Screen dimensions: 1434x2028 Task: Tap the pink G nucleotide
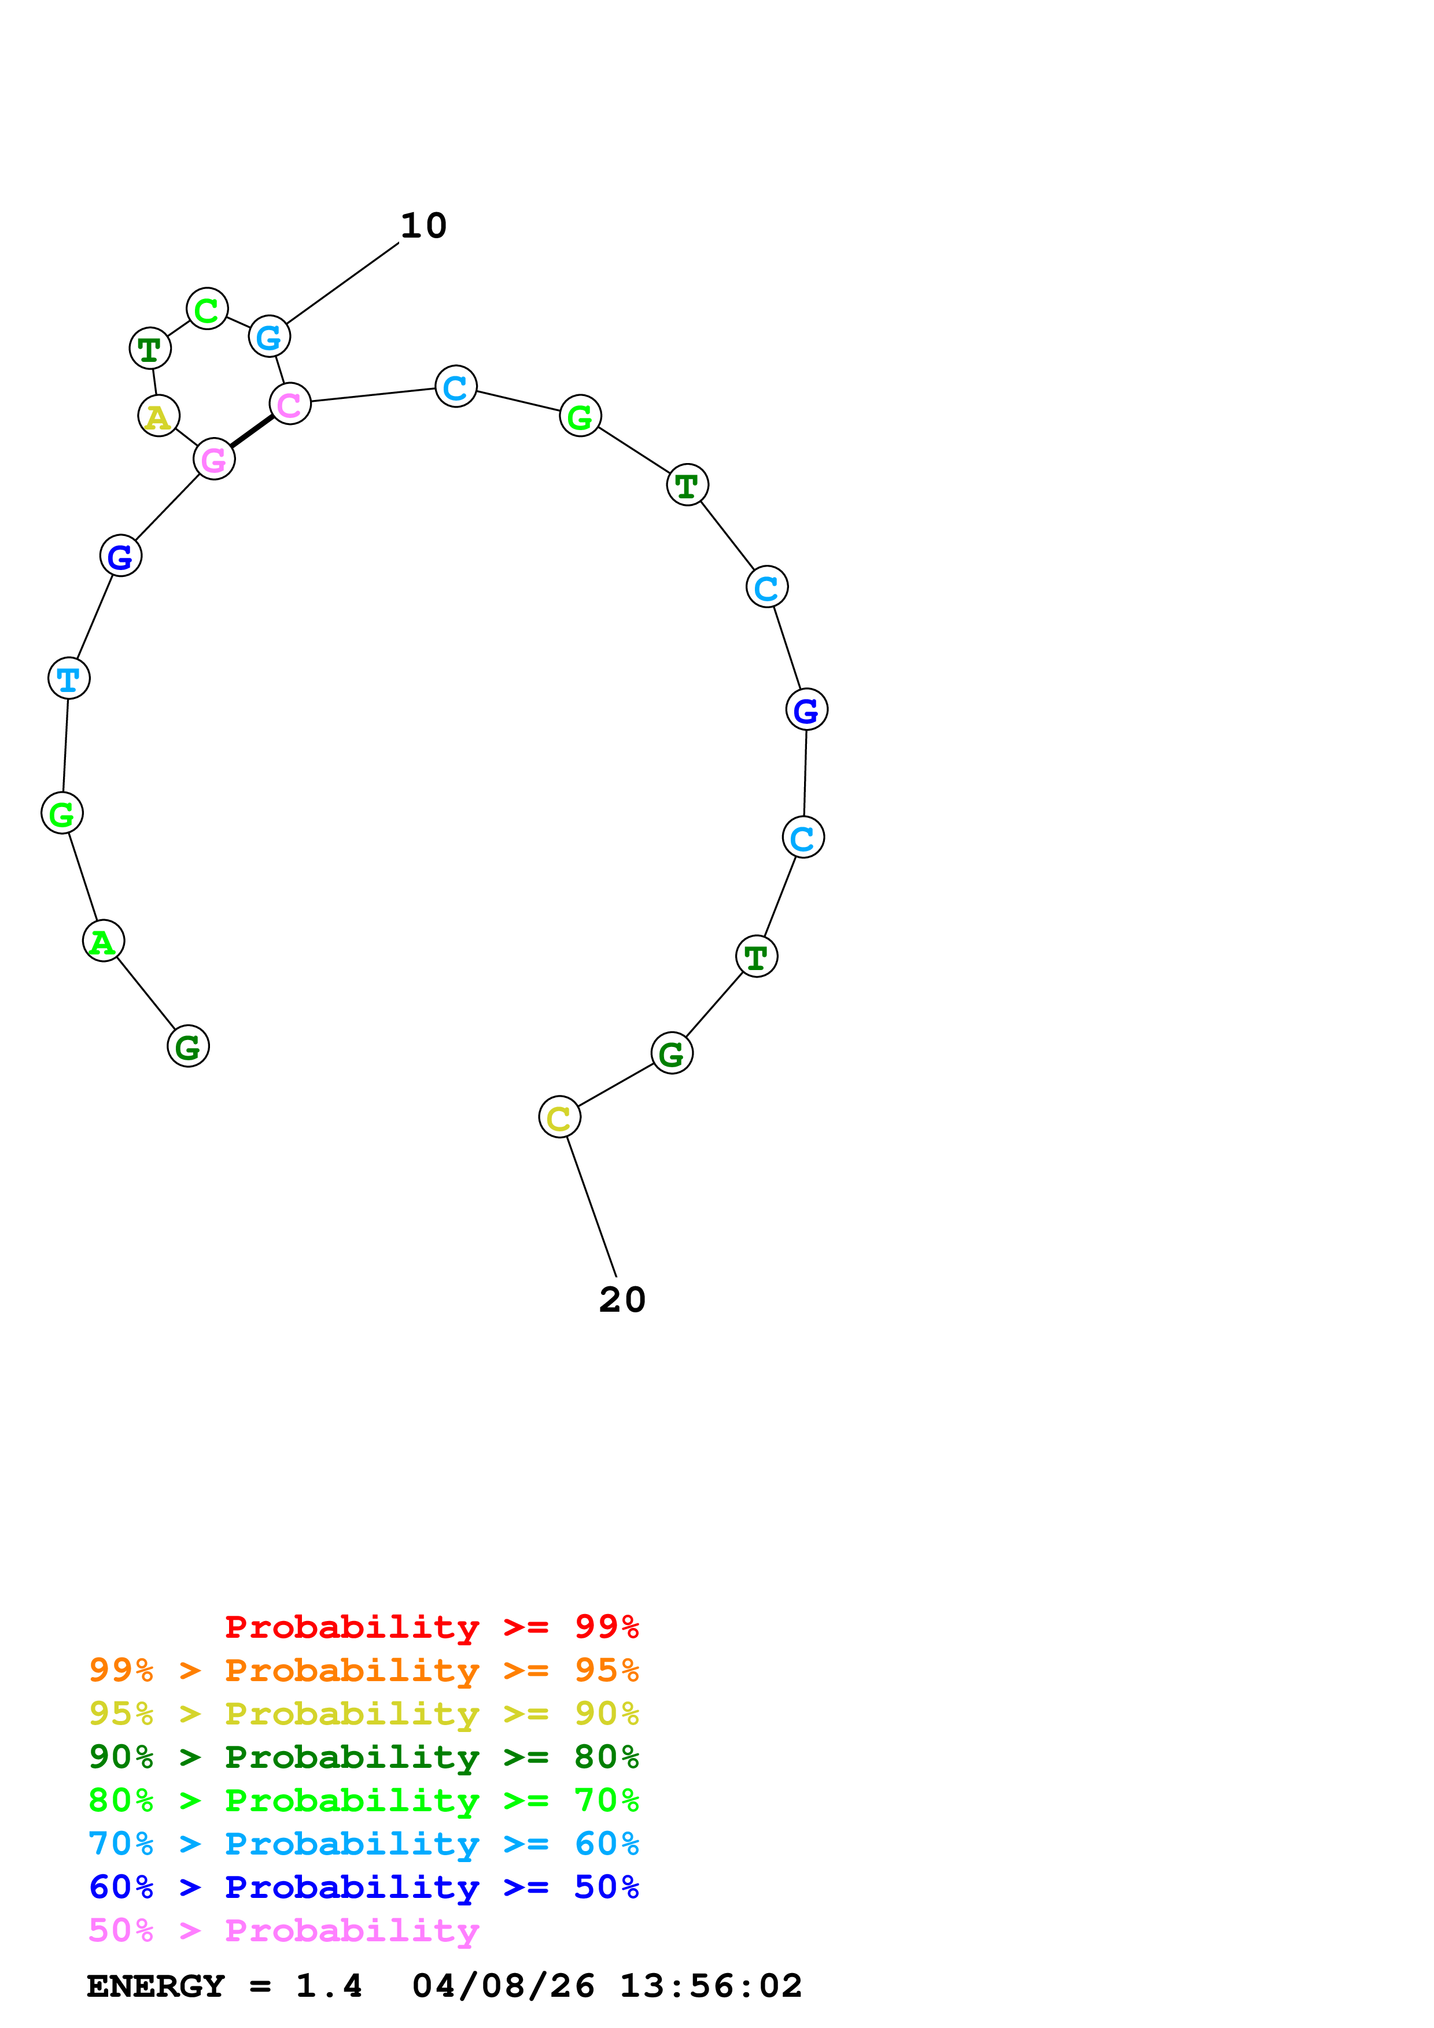(x=214, y=458)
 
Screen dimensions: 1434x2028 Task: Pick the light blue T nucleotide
(x=69, y=678)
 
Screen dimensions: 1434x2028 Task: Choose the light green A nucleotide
(x=104, y=941)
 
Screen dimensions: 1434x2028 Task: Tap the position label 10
(x=423, y=225)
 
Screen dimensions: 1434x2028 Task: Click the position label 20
(x=622, y=1300)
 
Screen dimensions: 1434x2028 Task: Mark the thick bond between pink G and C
(x=252, y=431)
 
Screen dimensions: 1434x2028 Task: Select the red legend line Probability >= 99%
(x=431, y=1627)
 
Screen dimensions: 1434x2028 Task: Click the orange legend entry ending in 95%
(x=363, y=1670)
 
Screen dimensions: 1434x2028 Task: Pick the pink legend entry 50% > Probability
(x=283, y=1930)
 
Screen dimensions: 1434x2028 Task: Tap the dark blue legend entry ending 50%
(x=363, y=1887)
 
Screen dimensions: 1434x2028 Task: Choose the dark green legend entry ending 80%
(x=363, y=1757)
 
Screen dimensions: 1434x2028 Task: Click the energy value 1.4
(x=329, y=1986)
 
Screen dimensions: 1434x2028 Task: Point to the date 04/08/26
(x=503, y=1986)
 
